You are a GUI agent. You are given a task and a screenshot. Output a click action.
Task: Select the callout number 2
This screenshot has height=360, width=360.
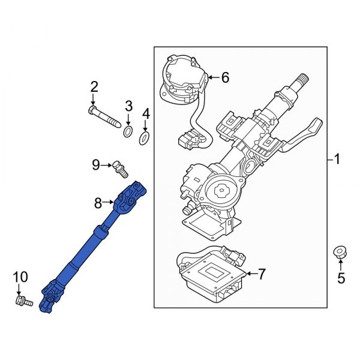94,88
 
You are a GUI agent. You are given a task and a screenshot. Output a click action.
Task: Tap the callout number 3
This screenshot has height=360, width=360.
128,107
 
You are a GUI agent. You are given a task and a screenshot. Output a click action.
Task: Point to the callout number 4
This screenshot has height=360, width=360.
145,113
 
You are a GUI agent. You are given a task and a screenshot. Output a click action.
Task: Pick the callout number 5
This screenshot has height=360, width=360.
341,278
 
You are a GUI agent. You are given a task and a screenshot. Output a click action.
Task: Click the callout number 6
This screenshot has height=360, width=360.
225,77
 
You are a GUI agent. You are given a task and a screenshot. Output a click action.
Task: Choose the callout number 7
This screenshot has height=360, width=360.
261,275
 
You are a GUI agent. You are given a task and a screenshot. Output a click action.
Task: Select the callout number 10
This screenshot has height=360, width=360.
20,277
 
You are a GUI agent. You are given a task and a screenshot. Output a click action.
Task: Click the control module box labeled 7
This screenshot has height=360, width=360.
212,277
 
